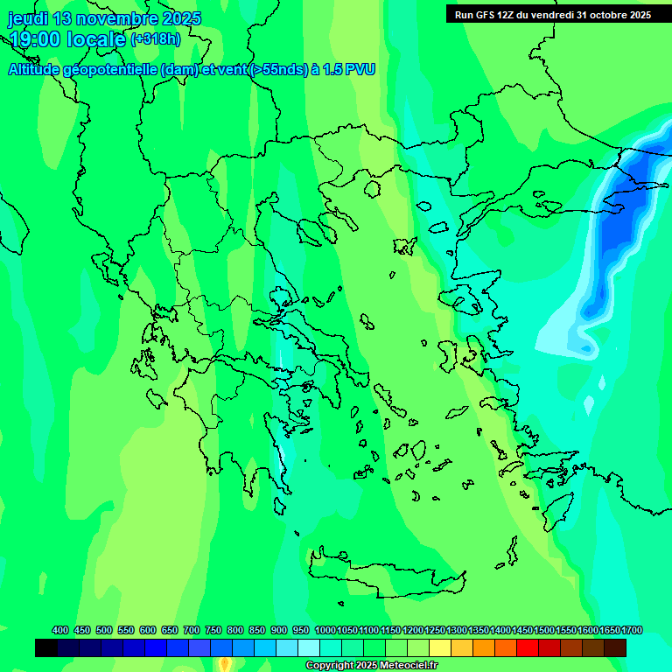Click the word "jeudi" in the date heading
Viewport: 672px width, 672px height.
28,18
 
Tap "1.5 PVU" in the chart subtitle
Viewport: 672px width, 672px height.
349,70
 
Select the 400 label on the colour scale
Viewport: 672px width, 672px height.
60,630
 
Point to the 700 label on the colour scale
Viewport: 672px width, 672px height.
192,630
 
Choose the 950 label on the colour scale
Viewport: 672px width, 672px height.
301,630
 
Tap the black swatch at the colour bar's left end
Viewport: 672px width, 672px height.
46,647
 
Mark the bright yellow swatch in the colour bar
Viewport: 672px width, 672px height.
440,647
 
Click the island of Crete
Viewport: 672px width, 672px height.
385,569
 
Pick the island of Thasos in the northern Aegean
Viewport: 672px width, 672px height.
373,189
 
